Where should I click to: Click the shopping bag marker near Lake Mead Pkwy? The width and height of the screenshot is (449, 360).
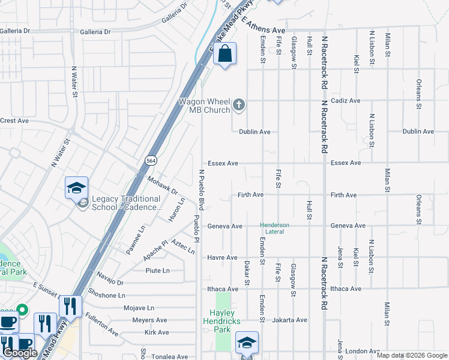(224, 55)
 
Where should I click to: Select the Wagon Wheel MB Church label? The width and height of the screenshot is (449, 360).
(204, 106)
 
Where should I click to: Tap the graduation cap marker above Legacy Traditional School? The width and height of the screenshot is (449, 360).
(76, 188)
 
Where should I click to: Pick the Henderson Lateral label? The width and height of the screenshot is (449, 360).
(274, 228)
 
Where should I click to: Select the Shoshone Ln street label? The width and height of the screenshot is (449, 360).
(106, 295)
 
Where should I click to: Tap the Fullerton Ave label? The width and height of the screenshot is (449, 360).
(101, 323)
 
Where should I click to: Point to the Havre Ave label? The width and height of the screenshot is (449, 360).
(223, 257)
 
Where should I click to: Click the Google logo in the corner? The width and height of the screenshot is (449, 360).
(20, 353)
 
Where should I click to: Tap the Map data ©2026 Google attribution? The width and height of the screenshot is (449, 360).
(412, 355)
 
